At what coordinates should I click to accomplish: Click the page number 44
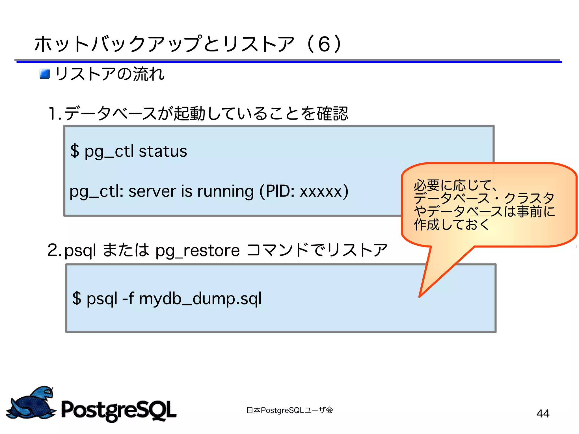click(543, 413)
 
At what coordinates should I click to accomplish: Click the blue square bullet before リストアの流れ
click(45, 74)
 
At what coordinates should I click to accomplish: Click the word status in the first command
click(163, 151)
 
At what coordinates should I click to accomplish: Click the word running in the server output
click(225, 191)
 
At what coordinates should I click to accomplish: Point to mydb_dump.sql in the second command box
click(200, 299)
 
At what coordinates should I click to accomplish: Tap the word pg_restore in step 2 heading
click(197, 251)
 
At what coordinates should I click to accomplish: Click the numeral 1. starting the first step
click(55, 114)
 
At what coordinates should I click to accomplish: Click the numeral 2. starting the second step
click(54, 250)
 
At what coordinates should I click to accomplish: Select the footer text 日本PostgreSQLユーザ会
click(289, 410)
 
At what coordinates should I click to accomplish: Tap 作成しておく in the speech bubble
click(451, 224)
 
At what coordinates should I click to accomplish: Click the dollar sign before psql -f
click(77, 298)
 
